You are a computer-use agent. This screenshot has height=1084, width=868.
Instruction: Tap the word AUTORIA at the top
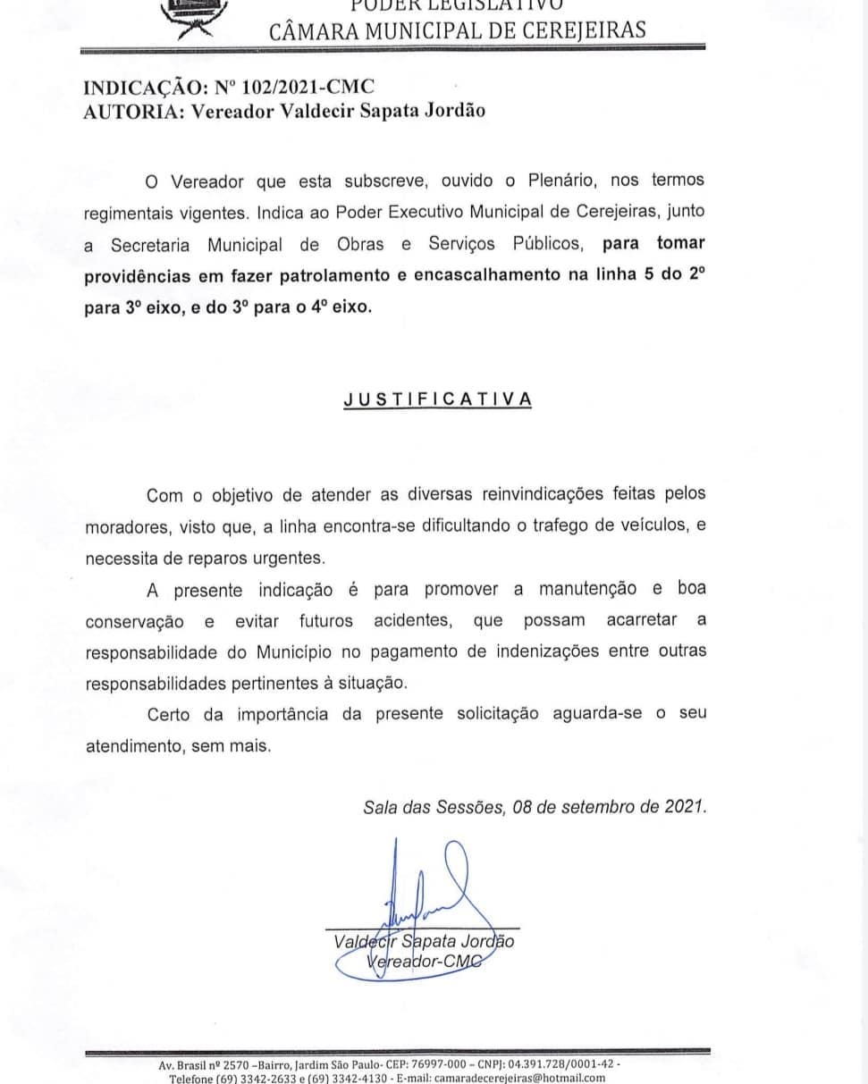pyautogui.click(x=120, y=112)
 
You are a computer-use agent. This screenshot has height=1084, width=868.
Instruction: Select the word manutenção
pyautogui.click(x=587, y=589)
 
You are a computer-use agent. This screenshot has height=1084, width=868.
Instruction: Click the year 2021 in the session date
pyautogui.click(x=685, y=806)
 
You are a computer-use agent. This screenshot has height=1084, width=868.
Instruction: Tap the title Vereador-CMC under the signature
pyautogui.click(x=423, y=961)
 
